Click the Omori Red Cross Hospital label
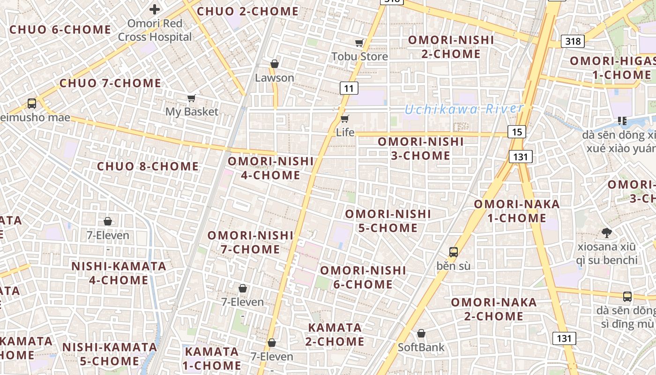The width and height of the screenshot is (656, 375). pyautogui.click(x=155, y=30)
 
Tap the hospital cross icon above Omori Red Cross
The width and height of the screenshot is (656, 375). pyautogui.click(x=155, y=9)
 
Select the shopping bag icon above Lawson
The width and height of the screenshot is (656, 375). pyautogui.click(x=275, y=64)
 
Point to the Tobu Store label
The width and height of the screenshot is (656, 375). pyautogui.click(x=360, y=57)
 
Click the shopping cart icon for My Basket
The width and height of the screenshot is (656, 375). pyautogui.click(x=191, y=98)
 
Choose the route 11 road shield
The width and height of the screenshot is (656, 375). pyautogui.click(x=349, y=88)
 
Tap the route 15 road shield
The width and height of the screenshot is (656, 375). pyautogui.click(x=516, y=132)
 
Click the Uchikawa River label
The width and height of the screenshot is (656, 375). pyautogui.click(x=463, y=110)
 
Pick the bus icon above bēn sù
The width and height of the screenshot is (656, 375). pyautogui.click(x=453, y=252)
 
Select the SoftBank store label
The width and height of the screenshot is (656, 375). pyautogui.click(x=421, y=347)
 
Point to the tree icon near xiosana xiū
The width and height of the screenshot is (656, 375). pyautogui.click(x=607, y=232)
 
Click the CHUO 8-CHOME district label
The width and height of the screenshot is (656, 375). pyautogui.click(x=148, y=166)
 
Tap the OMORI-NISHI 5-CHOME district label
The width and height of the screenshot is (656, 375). pyautogui.click(x=388, y=221)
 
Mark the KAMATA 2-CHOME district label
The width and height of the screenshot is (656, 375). pyautogui.click(x=335, y=334)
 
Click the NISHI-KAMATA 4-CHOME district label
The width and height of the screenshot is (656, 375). pyautogui.click(x=119, y=273)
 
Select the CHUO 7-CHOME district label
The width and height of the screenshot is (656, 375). pyautogui.click(x=110, y=83)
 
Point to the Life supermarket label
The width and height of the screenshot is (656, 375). pyautogui.click(x=345, y=133)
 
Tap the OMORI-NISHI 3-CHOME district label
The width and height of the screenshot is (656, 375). pyautogui.click(x=420, y=148)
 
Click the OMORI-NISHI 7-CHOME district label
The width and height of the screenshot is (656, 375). pyautogui.click(x=250, y=242)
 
